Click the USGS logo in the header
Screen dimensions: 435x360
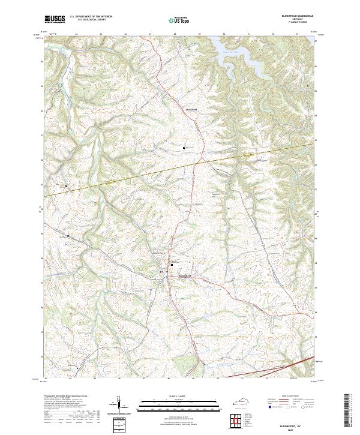point(55,19)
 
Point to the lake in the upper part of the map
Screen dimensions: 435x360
point(240,54)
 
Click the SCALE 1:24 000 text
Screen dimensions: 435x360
point(178,397)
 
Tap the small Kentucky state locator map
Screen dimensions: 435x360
point(248,403)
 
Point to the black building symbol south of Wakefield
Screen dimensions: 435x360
point(184,147)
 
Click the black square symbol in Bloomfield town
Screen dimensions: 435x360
point(172,265)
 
